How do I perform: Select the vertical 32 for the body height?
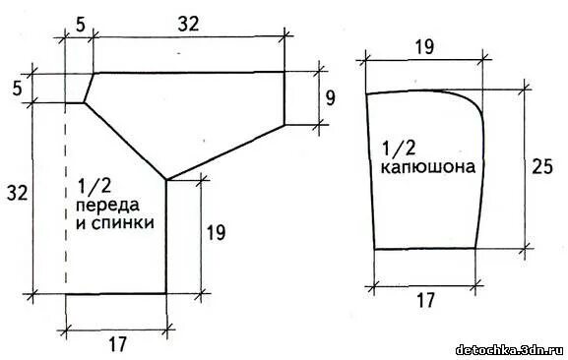(15, 193)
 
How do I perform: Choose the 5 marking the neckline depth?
(16, 88)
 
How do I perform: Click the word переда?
(106, 204)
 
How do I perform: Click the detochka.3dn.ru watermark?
(508, 349)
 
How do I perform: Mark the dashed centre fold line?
(65, 197)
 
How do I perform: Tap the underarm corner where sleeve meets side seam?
(166, 180)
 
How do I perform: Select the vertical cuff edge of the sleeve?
(284, 97)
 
